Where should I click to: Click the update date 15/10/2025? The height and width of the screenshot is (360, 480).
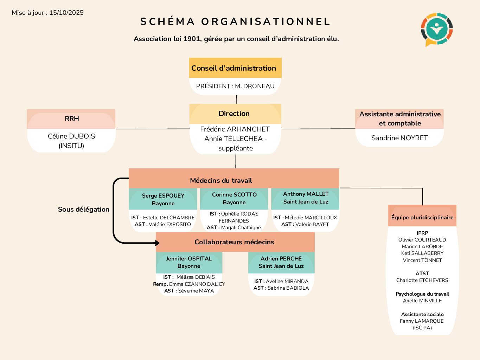tap(66, 13)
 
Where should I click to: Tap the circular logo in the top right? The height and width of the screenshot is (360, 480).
tap(436, 29)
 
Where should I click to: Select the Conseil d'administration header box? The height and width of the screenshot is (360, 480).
tap(235, 68)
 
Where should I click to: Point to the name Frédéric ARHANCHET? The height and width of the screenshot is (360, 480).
tap(235, 129)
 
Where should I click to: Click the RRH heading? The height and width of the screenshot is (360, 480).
tap(72, 119)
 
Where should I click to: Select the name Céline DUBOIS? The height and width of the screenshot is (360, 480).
tap(71, 136)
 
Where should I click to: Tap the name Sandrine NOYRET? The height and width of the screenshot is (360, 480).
tap(399, 138)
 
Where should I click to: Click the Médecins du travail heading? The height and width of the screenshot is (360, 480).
tap(221, 180)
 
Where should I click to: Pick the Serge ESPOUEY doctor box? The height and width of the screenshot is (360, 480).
tap(163, 199)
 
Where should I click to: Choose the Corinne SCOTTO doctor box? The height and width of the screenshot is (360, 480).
tap(234, 198)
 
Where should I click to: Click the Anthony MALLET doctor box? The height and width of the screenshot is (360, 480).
tap(306, 198)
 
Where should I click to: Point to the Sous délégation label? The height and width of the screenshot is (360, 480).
tap(83, 209)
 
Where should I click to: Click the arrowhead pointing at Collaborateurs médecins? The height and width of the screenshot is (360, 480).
tap(157, 243)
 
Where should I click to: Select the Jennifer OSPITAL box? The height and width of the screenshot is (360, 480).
tap(189, 262)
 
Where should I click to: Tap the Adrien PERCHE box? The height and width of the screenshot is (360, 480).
tap(281, 262)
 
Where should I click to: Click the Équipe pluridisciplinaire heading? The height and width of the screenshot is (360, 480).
tap(422, 217)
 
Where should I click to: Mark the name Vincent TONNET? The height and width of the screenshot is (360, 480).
tap(422, 260)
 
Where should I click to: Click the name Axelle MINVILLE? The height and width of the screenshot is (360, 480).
tap(422, 301)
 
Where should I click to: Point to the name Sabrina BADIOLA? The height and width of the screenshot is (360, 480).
tap(288, 288)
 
